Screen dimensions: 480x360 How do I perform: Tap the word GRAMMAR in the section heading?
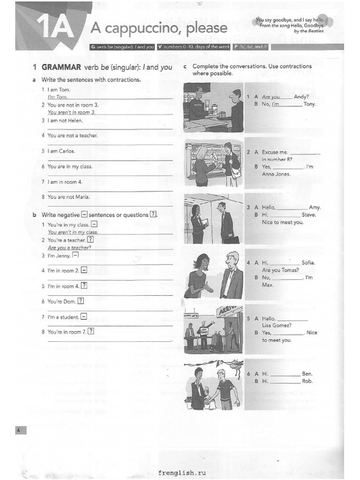pos(62,67)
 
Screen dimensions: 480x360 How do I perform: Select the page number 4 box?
pos(18,430)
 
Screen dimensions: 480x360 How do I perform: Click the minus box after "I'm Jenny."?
pos(75,255)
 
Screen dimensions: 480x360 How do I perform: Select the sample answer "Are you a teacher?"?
pos(69,247)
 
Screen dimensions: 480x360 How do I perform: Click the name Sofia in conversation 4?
pos(308,262)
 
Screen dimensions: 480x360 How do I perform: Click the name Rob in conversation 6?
pos(307,381)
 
